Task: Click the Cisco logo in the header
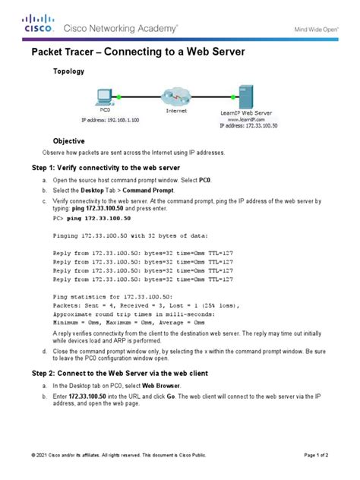click(x=38, y=23)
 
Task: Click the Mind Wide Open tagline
click(x=316, y=29)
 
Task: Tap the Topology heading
click(x=68, y=71)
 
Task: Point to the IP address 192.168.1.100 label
click(x=107, y=120)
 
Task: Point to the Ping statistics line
click(x=103, y=295)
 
